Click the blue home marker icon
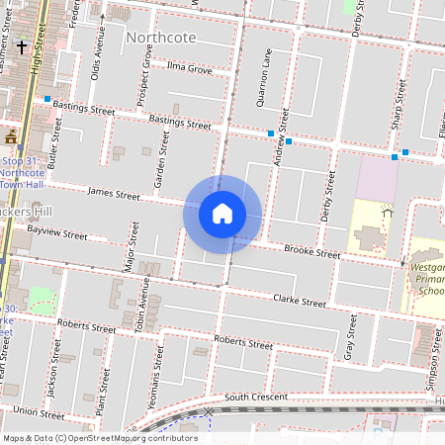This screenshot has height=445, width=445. click(x=222, y=214)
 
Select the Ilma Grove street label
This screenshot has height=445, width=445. click(x=189, y=70)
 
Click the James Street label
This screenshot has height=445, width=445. click(x=114, y=195)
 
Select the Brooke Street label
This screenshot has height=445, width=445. click(x=311, y=253)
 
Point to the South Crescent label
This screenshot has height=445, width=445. click(x=255, y=397)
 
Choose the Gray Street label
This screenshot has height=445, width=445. click(x=350, y=338)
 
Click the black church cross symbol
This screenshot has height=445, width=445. click(x=22, y=46)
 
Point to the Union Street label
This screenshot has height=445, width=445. click(x=40, y=411)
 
